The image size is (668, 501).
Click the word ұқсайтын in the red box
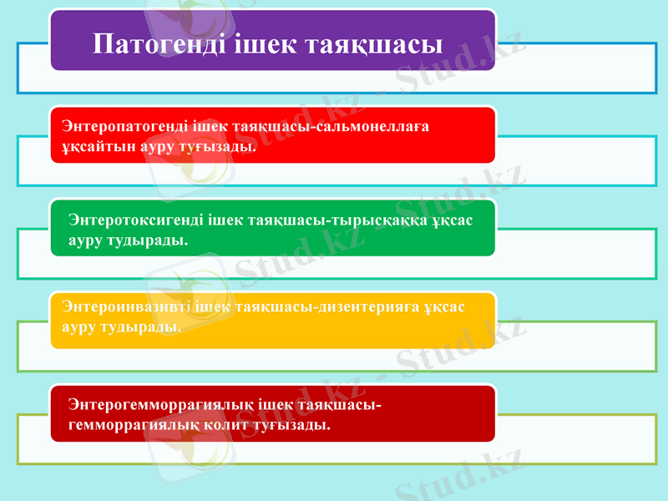pyautogui.click(x=91, y=146)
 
